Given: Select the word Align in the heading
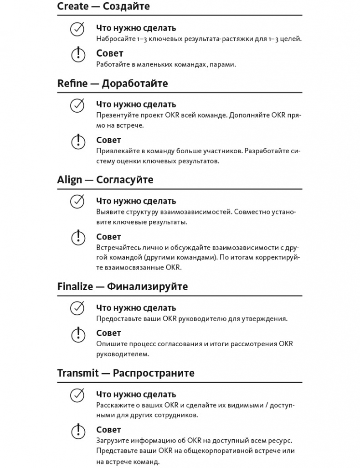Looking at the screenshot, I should pos(70,180).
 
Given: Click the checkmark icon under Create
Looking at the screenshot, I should pos(77,30).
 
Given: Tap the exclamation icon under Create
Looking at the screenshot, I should pos(78,55).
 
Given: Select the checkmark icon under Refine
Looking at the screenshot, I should pos(77,106).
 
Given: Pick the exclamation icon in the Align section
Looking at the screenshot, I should pos(78,238).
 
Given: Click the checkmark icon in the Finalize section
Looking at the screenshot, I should pos(77,308).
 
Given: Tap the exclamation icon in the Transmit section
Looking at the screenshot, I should pos(78,431).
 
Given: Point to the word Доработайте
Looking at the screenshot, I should pos(135,83).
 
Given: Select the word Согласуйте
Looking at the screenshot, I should pos(125,180).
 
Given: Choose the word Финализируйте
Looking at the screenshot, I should pos(147,286).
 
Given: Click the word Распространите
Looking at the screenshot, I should pos(154,373).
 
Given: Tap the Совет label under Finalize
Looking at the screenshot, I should pos(108,333).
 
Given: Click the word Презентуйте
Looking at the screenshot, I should pos(115,115).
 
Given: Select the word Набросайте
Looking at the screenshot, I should pos(113,39).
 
